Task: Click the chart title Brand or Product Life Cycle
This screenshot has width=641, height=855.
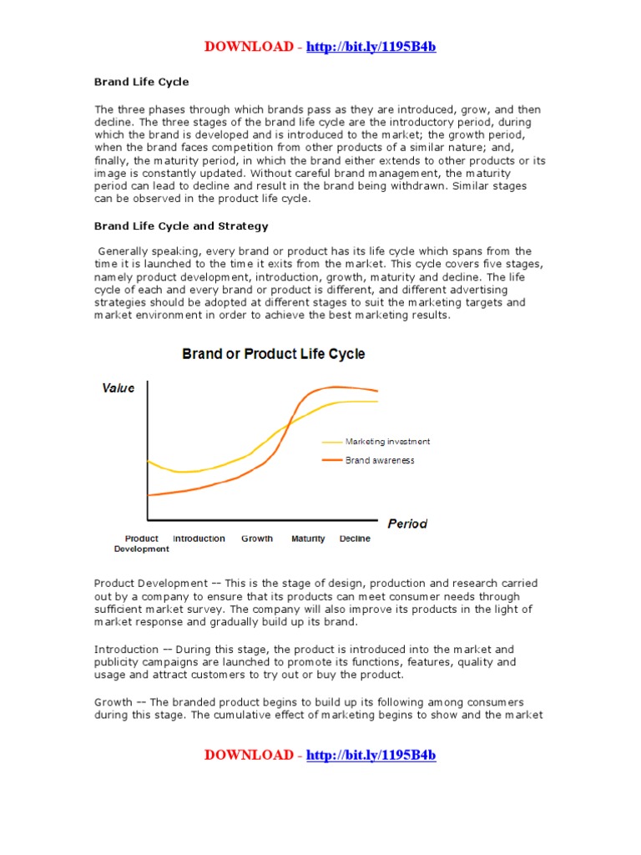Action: click(x=274, y=354)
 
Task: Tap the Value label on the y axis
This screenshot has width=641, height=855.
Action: click(x=118, y=388)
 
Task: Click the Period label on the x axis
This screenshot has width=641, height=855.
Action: click(x=407, y=524)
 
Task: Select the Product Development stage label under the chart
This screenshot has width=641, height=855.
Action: click(x=141, y=544)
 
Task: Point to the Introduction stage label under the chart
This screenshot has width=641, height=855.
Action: click(x=199, y=539)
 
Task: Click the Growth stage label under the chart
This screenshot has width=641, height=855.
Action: click(x=257, y=539)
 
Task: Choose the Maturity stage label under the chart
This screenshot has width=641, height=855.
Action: click(x=308, y=539)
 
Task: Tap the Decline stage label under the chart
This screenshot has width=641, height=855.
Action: click(x=355, y=539)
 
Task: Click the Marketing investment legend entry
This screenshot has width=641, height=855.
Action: click(x=387, y=442)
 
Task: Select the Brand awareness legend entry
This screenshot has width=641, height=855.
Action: click(x=379, y=460)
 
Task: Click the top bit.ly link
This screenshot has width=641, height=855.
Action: click(x=371, y=47)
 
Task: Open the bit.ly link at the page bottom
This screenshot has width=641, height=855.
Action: click(x=371, y=756)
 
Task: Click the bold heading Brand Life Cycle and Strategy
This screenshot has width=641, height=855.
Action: click(x=181, y=226)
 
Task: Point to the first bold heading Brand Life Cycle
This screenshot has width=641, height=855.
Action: click(x=141, y=82)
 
